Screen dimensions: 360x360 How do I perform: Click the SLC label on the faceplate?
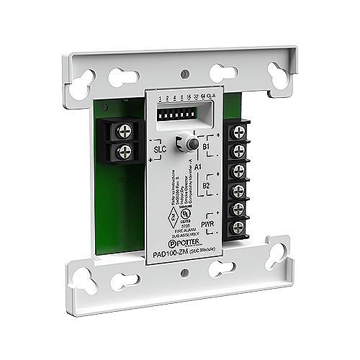point(161,150)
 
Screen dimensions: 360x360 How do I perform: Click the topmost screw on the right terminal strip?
point(235,132)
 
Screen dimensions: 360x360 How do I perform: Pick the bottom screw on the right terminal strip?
point(236,228)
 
